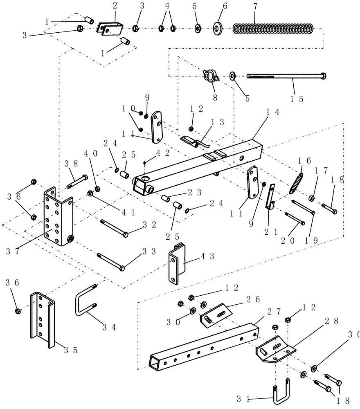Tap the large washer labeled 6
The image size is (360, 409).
click(217, 29)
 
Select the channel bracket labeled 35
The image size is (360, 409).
click(42, 319)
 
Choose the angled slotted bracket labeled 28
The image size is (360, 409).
click(274, 347)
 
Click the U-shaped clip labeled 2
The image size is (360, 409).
click(110, 28)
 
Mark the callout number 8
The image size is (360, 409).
click(215, 98)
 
